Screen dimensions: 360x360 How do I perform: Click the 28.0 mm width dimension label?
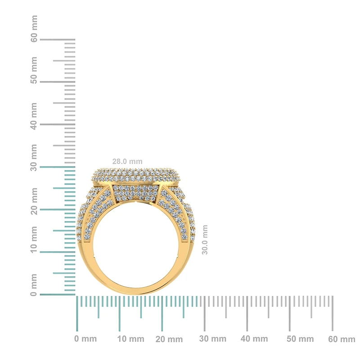pyautogui.click(x=127, y=161)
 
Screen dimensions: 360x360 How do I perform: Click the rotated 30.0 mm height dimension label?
pyautogui.click(x=205, y=240)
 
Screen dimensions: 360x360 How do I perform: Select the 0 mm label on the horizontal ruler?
pyautogui.click(x=85, y=339)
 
